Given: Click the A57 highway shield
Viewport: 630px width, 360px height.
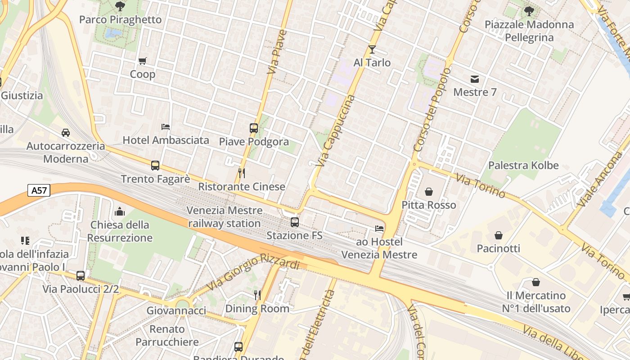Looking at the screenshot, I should [x=38, y=190].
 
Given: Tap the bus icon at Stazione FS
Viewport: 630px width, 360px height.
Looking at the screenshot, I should [x=295, y=222].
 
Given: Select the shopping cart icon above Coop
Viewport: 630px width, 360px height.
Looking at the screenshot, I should [x=143, y=61].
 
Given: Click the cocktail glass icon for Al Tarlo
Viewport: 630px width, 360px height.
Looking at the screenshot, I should [x=372, y=49].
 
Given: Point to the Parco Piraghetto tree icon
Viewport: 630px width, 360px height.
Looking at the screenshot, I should [x=120, y=6].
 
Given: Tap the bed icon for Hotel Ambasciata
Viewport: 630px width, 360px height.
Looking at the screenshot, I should [x=166, y=126].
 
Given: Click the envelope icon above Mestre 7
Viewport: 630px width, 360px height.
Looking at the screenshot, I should [x=475, y=79].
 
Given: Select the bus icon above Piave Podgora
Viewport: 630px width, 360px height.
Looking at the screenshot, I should [x=254, y=128].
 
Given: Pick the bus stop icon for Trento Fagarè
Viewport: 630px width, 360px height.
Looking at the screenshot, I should [x=155, y=165].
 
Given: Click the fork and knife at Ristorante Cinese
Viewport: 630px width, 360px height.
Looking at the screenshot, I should [x=242, y=173].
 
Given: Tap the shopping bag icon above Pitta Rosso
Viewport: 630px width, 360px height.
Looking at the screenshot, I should [x=429, y=192].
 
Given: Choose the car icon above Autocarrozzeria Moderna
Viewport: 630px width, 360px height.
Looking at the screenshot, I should [x=66, y=132].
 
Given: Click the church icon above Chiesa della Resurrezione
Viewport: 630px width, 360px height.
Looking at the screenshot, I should [x=120, y=211].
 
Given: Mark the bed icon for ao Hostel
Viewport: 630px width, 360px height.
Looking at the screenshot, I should [x=379, y=229].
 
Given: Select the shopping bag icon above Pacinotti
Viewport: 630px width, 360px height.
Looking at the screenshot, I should [x=499, y=235].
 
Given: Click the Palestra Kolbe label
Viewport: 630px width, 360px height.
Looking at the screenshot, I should [x=523, y=165].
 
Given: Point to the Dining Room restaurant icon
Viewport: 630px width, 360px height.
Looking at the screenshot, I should [x=257, y=295].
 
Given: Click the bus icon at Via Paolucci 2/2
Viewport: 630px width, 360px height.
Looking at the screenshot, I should [x=81, y=275].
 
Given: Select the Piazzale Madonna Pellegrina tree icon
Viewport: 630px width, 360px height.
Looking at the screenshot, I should [x=529, y=11].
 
